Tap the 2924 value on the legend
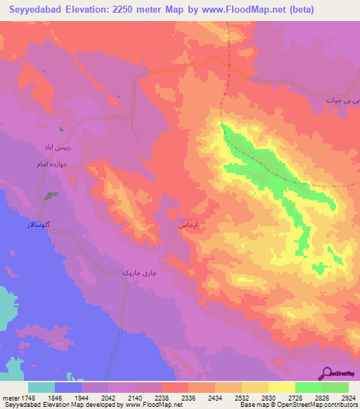pyautogui.click(x=348, y=397)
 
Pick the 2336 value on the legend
pyautogui.click(x=188, y=397)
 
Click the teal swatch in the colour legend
pyautogui.click(x=41, y=387)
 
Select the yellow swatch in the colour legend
pyautogui.click(x=281, y=387)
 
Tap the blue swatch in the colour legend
pyautogui.click(x=68, y=387)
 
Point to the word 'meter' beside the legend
pyautogui.click(x=10, y=397)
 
